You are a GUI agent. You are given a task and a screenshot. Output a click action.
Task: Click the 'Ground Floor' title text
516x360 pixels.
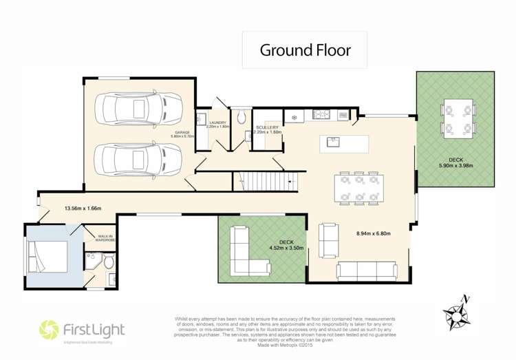coord(305,50)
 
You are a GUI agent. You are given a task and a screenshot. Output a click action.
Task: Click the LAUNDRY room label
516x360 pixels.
coord(217,123)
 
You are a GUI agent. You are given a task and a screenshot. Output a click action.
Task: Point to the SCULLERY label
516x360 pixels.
coord(266,128)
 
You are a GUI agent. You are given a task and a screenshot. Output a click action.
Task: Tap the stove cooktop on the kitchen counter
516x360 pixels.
coord(321,114)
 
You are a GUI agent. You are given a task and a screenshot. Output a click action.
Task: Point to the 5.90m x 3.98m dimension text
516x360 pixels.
coord(456,165)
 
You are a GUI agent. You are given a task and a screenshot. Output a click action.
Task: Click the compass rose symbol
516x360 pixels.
coord(456,313)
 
